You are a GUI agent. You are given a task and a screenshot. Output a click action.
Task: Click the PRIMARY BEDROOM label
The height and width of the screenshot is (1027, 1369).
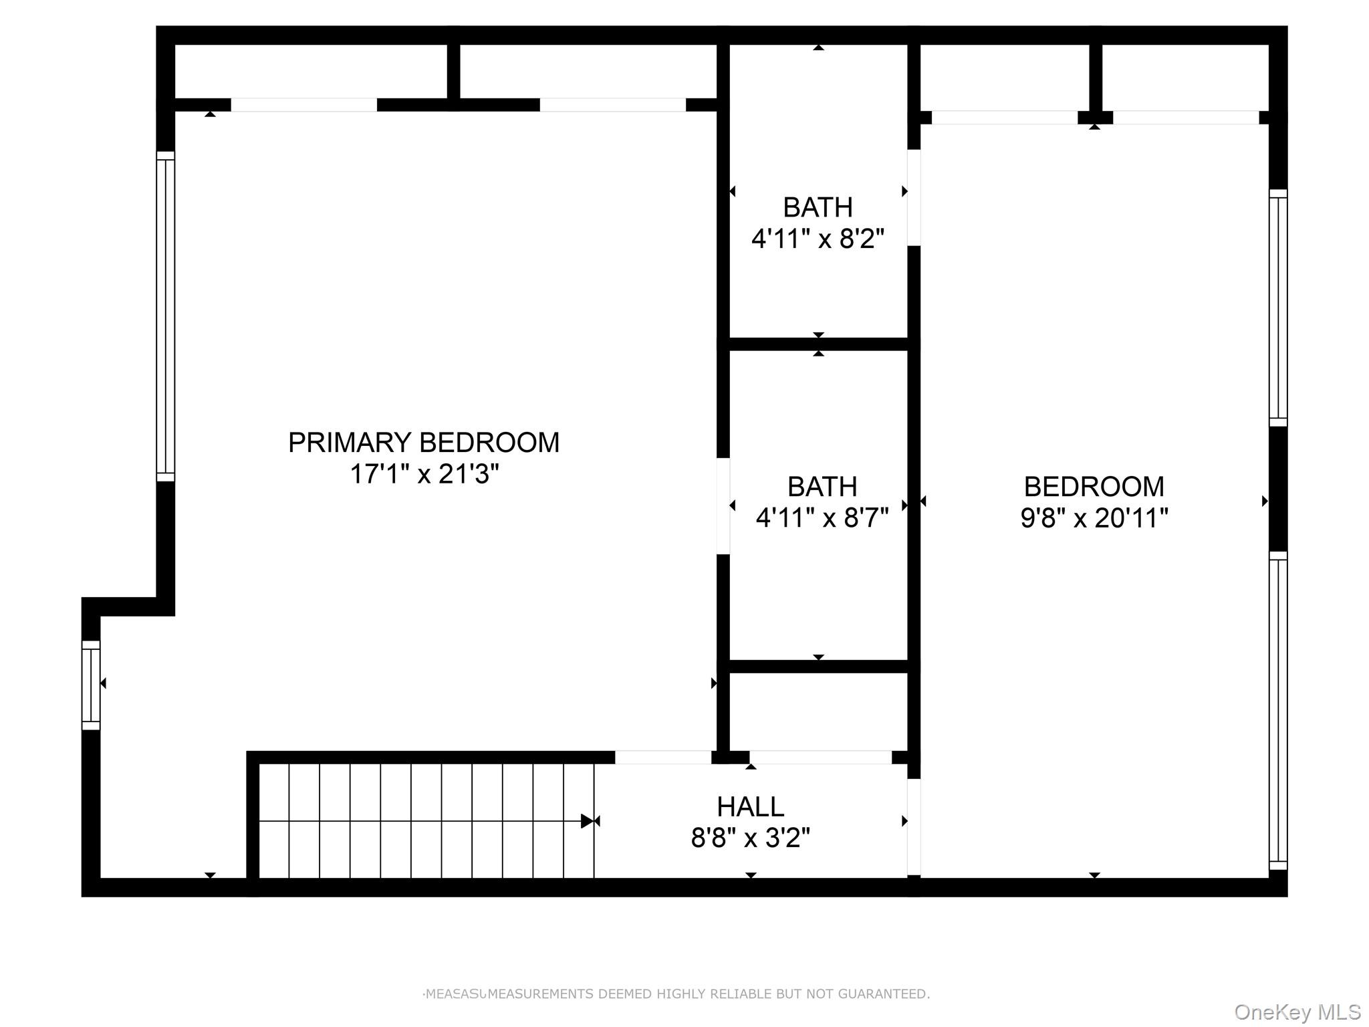point(423,443)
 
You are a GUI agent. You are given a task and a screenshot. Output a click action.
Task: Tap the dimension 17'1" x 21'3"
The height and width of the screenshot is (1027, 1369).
point(424,474)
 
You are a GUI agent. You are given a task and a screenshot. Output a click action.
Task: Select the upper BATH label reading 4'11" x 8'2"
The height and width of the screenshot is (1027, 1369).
point(818,207)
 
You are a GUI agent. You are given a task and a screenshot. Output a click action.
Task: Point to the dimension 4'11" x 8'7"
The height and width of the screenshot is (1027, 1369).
point(822,518)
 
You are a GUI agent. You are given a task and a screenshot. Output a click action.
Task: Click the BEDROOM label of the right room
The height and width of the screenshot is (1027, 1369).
point(1094,486)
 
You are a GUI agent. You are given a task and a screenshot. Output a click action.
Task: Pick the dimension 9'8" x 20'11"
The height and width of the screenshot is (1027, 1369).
point(1094,518)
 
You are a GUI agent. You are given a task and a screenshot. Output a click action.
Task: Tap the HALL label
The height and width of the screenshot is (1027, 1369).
point(750,807)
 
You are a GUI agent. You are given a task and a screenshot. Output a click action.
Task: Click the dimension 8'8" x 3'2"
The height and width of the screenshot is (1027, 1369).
point(750,838)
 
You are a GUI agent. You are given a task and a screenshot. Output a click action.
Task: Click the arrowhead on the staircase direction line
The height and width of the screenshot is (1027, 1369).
point(588,821)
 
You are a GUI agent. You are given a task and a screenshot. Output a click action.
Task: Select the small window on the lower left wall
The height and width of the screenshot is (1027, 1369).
point(91,685)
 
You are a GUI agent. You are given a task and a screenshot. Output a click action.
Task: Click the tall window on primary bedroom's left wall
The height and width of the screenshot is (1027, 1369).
point(165,316)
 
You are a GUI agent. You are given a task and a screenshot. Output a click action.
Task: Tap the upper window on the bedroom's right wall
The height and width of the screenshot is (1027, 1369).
point(1277,308)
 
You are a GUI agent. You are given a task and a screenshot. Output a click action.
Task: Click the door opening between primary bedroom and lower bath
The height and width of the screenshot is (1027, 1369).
point(723,506)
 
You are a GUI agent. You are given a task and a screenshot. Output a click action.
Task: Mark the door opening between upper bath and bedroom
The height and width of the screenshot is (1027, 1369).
point(913,198)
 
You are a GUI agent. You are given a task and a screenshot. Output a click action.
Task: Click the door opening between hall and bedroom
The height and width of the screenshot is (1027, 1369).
point(913,826)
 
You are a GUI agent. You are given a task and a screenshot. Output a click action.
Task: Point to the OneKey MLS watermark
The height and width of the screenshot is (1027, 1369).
point(1297,1012)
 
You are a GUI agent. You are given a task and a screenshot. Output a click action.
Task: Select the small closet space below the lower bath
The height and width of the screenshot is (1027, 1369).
point(818,711)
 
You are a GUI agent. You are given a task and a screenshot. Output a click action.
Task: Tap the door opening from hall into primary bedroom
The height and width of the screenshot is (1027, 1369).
point(662,758)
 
